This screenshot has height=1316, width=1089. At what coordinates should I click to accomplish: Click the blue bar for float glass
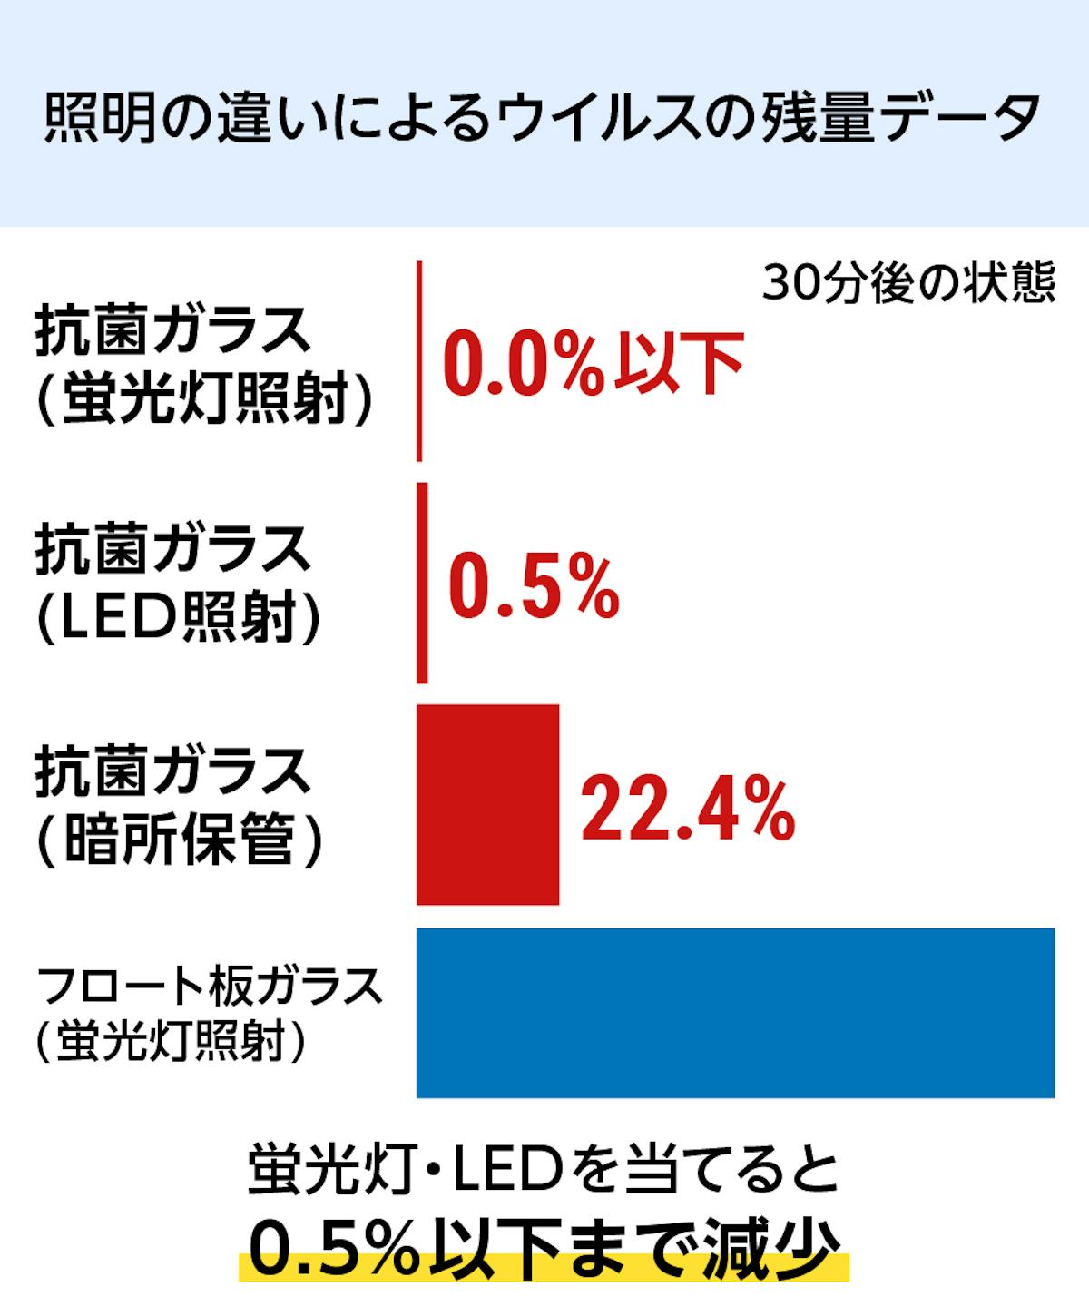point(735,1013)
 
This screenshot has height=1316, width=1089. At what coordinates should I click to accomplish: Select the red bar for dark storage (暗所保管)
point(487,805)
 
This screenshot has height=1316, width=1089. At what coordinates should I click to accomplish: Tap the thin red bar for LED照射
point(422,583)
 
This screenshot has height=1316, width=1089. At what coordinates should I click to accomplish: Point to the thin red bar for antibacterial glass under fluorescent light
point(419,361)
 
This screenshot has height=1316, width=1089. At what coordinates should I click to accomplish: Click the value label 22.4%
point(688,808)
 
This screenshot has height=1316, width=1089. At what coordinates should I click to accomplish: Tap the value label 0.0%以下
point(592,363)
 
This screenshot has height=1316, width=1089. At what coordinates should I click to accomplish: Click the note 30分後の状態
point(908,284)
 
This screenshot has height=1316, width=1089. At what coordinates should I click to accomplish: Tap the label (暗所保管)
point(180,840)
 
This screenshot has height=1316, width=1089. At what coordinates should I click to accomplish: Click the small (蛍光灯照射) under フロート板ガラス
point(171,1040)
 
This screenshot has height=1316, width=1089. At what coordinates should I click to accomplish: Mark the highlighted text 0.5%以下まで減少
point(543,1250)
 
